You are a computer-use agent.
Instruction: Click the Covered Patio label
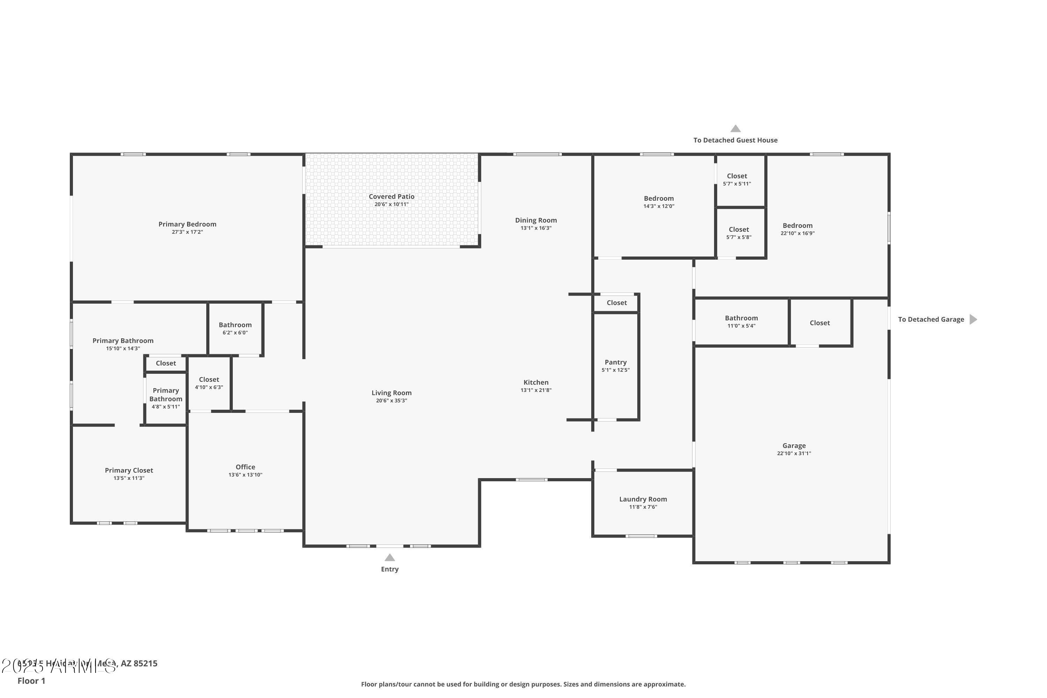[391, 196]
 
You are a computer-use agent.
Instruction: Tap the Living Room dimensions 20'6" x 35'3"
[391, 401]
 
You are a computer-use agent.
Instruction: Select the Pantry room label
[615, 362]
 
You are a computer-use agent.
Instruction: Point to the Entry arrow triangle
[389, 558]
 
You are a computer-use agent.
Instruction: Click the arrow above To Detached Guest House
[735, 129]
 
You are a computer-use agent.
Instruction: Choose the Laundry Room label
[643, 499]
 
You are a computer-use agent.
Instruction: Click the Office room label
[245, 467]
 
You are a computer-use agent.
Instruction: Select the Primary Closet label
[129, 470]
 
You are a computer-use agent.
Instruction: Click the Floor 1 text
[31, 681]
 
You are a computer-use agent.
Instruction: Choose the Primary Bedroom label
[187, 224]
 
